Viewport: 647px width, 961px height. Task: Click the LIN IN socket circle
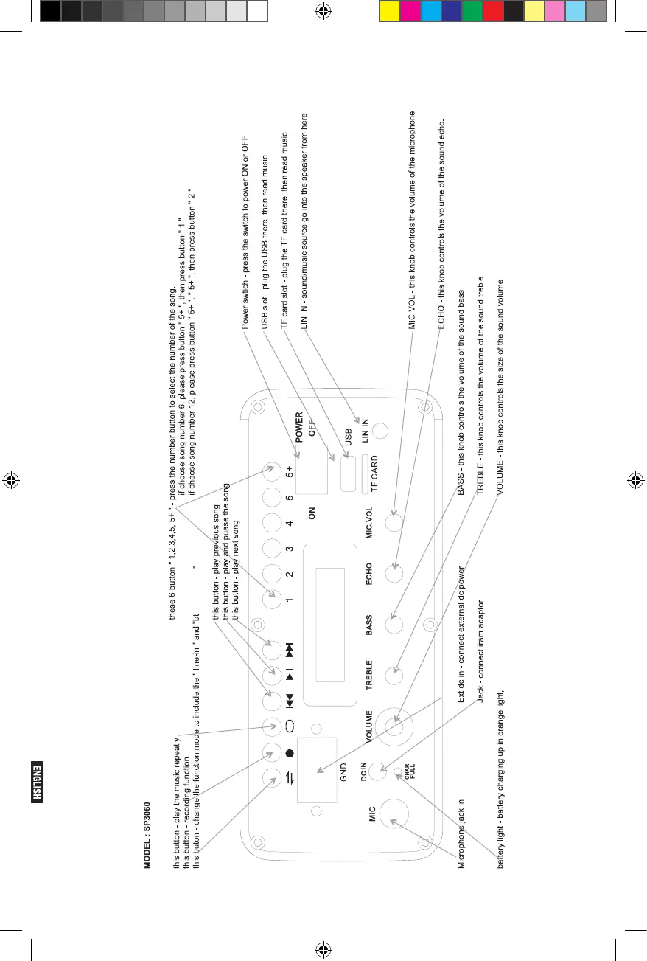380,431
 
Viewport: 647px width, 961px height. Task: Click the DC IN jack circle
378,771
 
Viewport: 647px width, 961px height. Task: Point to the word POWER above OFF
299,429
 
